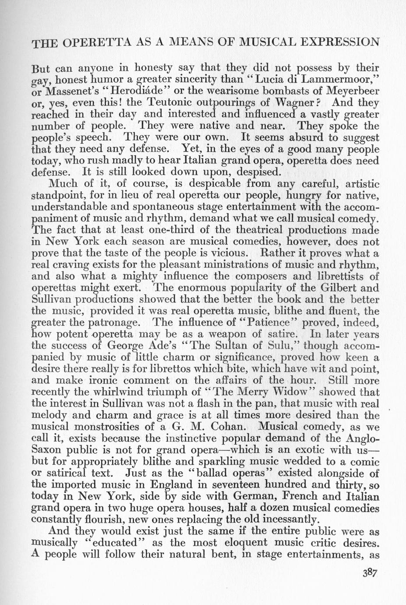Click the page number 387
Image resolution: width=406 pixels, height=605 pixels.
pyautogui.click(x=368, y=585)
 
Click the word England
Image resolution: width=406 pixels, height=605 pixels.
pyautogui.click(x=171, y=484)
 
